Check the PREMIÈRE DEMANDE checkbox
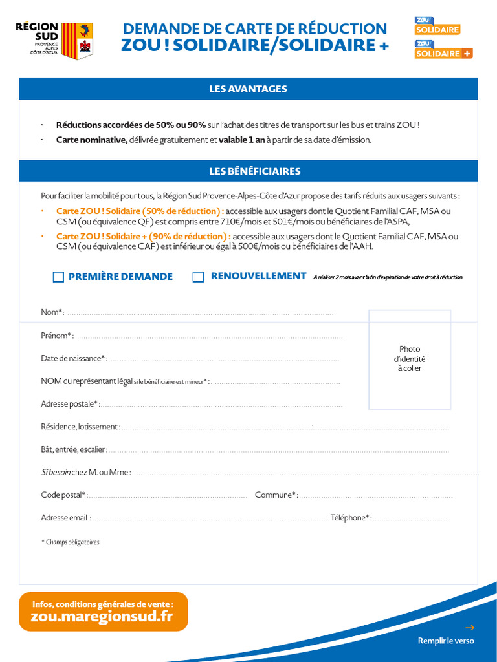[x=58, y=277]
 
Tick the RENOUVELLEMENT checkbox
[x=199, y=277]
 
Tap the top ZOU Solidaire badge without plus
[x=437, y=26]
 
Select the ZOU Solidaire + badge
[x=443, y=50]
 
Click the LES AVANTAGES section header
[x=248, y=89]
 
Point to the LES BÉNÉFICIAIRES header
[x=248, y=171]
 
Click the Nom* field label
[x=52, y=313]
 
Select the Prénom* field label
[x=57, y=336]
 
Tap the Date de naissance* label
[x=74, y=358]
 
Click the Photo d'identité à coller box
[x=410, y=359]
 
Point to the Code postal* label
[x=64, y=495]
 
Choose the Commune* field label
[x=276, y=495]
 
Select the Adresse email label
[x=65, y=518]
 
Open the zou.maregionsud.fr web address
[x=102, y=617]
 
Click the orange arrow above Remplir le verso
[x=470, y=627]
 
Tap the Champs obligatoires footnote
[x=71, y=542]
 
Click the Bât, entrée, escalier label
[x=74, y=449]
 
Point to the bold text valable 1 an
[x=241, y=140]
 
